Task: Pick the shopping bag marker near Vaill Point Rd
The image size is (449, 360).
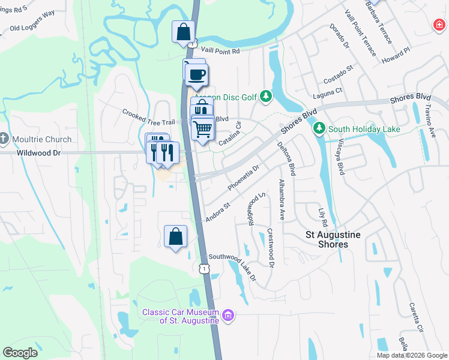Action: (x=183, y=32)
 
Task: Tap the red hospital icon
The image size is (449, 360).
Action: (x=439, y=25)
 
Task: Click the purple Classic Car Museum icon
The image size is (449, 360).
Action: (x=228, y=315)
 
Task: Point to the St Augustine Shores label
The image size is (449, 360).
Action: (x=333, y=239)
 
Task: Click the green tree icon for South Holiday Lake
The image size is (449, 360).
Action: (x=319, y=128)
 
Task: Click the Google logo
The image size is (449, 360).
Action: (x=20, y=352)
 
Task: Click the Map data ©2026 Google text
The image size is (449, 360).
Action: (x=412, y=355)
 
